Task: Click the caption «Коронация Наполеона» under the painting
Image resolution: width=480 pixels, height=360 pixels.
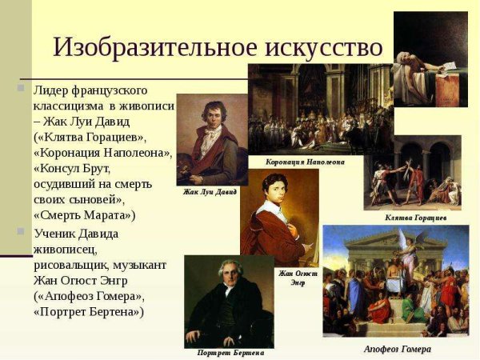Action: pos(305,162)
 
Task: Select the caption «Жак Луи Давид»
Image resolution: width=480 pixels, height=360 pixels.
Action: pos(210,191)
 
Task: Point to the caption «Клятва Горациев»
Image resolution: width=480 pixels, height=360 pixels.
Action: pos(415,218)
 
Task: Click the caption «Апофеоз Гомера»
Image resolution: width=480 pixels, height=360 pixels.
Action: pos(397,349)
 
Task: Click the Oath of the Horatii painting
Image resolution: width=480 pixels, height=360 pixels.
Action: pos(412,172)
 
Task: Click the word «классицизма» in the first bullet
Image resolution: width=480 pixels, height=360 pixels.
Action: pos(66,106)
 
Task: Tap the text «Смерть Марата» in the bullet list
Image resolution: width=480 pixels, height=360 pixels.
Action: pos(85,214)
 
